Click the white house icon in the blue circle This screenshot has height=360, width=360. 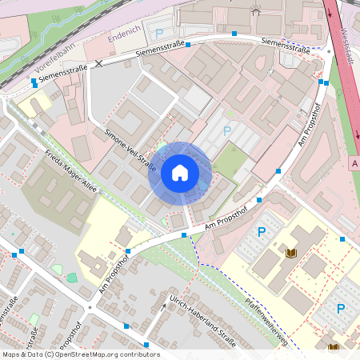click(x=180, y=172)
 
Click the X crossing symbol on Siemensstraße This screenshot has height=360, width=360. click(x=99, y=62)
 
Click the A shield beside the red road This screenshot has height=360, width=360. click(x=354, y=162)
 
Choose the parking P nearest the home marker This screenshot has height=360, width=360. click(x=226, y=130)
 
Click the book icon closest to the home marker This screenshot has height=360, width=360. click(x=291, y=253)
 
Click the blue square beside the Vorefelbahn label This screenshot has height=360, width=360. click(x=34, y=82)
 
